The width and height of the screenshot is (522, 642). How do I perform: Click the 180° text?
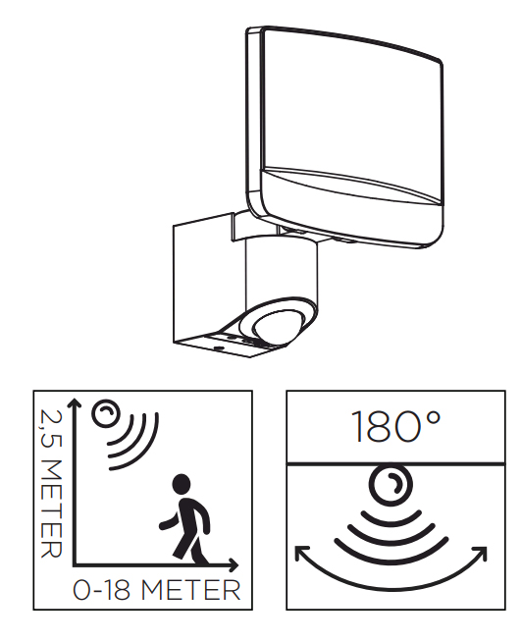click(x=395, y=427)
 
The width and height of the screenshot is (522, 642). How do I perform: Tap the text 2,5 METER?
click(x=52, y=484)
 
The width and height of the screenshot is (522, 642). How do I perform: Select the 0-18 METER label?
click(x=156, y=590)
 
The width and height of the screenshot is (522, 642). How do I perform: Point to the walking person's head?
click(x=182, y=483)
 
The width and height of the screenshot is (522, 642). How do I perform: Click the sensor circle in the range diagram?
click(x=105, y=414)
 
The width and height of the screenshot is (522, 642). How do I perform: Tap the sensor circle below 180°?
click(x=391, y=484)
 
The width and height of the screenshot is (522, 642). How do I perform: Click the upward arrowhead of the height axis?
click(x=75, y=402)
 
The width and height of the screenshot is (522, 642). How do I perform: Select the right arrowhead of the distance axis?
click(x=234, y=565)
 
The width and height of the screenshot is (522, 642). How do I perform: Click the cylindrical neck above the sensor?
click(x=281, y=270)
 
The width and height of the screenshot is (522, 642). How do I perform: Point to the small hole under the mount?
click(x=218, y=348)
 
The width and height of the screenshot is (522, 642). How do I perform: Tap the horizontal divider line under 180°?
click(x=395, y=464)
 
